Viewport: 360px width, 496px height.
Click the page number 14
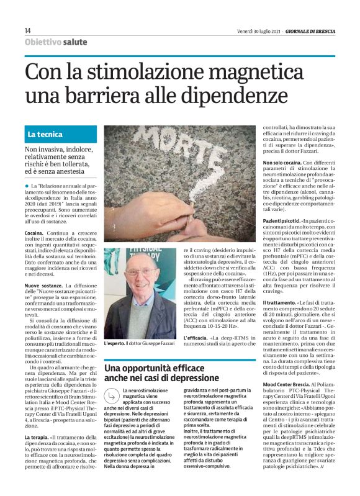(x=28, y=31)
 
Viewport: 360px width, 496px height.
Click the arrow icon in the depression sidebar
(x=112, y=395)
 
